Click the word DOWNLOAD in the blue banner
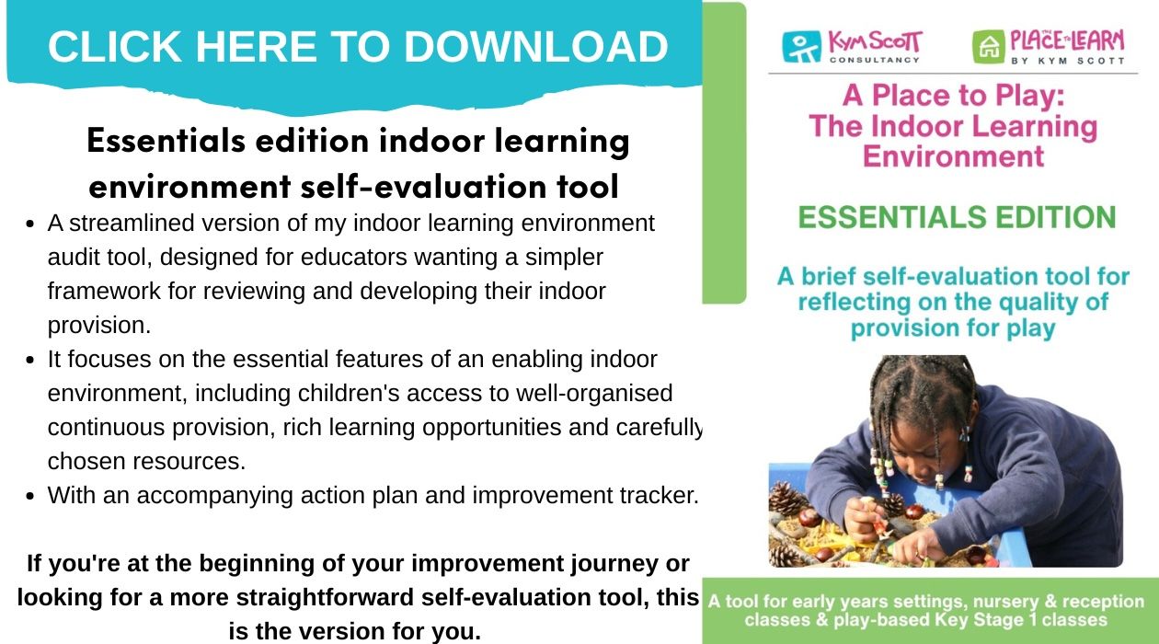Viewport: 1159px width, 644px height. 535,47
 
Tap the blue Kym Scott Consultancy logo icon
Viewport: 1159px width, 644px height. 801,47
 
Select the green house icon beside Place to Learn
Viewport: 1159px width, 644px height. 989,47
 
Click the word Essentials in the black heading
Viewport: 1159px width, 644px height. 166,141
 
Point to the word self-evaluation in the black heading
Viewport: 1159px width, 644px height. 424,187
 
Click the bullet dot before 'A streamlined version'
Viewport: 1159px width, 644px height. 30,224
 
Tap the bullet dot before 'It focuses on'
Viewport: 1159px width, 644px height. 30,361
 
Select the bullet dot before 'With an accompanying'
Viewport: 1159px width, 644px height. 30,496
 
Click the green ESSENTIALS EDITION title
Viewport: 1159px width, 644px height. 957,217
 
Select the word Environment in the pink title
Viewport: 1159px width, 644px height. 953,156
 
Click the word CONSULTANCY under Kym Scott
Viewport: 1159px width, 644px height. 875,60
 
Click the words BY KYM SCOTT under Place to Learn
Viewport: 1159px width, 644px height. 1067,61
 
